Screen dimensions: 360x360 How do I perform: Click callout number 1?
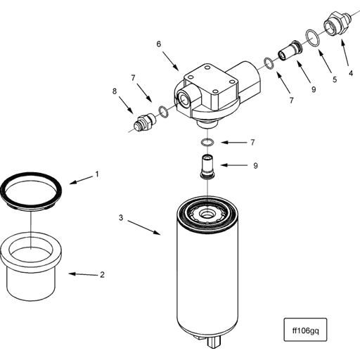[x=97, y=173]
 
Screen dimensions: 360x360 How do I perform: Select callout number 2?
[x=102, y=274]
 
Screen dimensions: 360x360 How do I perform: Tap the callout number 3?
[x=121, y=219]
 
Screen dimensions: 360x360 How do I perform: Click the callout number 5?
[x=335, y=79]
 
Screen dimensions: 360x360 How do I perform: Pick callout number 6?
[x=159, y=44]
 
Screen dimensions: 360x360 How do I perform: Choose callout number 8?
[x=115, y=91]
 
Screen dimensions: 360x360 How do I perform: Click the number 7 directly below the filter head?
[x=252, y=143]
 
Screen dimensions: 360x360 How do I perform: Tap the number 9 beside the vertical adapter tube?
[x=255, y=165]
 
